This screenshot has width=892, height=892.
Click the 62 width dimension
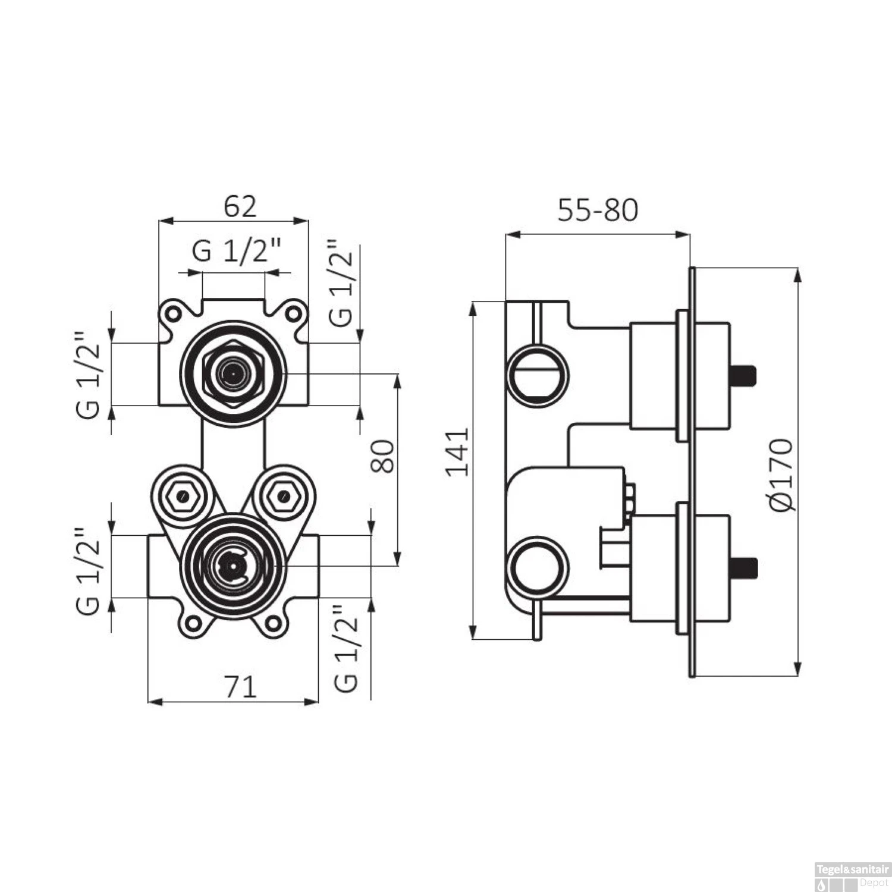click(x=240, y=206)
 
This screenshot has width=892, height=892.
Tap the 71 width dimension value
click(x=241, y=687)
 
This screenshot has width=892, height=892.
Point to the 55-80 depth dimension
click(x=597, y=210)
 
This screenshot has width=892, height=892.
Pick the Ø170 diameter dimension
click(x=781, y=474)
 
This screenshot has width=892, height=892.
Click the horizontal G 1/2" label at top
click(x=236, y=252)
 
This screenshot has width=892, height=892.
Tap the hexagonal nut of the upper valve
click(x=233, y=373)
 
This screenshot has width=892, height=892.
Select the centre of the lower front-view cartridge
click(x=233, y=566)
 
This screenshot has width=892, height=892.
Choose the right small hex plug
click(x=283, y=495)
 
